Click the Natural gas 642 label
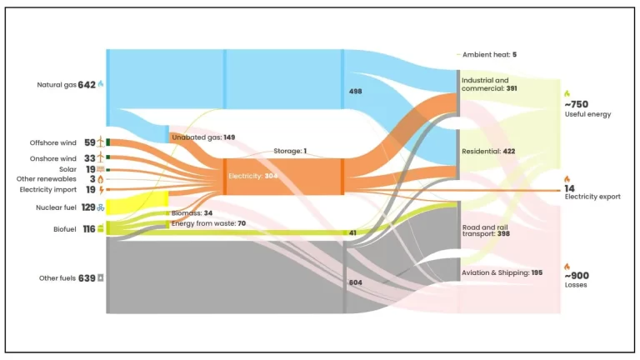tap(66, 84)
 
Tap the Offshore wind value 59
tap(89, 142)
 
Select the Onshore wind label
tap(55, 157)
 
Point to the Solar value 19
tap(89, 168)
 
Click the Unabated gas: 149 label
tap(203, 137)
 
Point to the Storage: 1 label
tap(290, 151)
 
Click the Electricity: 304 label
tap(255, 176)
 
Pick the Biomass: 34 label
tap(192, 213)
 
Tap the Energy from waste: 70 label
tap(207, 223)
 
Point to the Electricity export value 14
tap(570, 188)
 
